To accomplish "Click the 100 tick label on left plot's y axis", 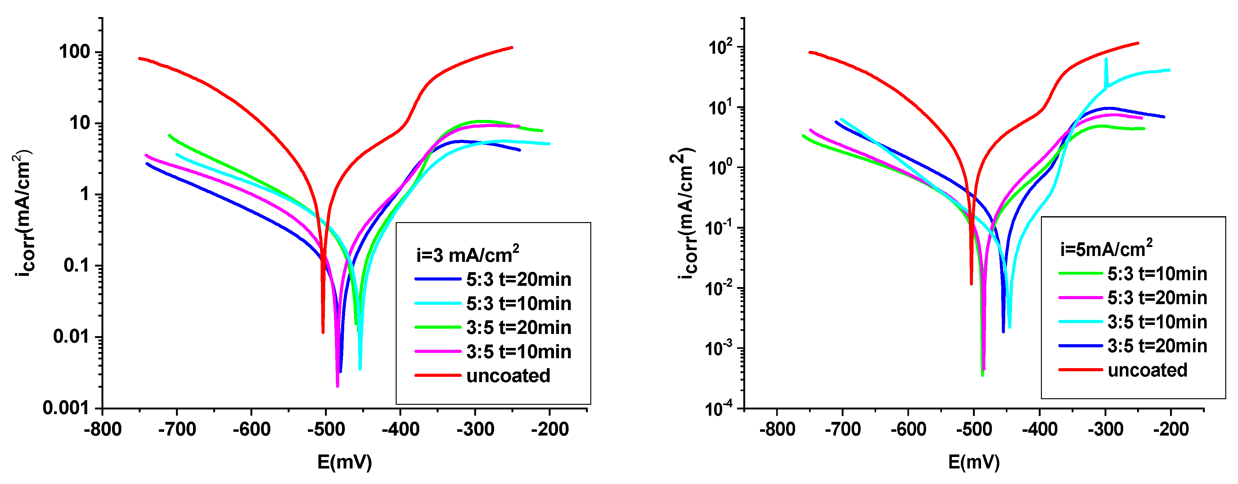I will pyautogui.click(x=74, y=52).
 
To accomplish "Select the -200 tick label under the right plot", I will pyautogui.click(x=1171, y=429).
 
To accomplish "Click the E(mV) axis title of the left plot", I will pyautogui.click(x=344, y=462).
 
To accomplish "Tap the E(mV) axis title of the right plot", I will pyautogui.click(x=974, y=462).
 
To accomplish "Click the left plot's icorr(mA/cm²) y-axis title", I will pyautogui.click(x=23, y=214).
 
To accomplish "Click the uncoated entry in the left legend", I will pyautogui.click(x=508, y=376).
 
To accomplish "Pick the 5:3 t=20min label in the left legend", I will pyautogui.click(x=518, y=280).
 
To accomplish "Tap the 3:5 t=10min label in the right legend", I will pyautogui.click(x=1157, y=322).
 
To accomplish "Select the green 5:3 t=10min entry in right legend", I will pyautogui.click(x=1157, y=274).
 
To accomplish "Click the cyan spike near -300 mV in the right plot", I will pyautogui.click(x=1106, y=60).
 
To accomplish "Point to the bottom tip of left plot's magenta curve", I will pyautogui.click(x=337, y=386).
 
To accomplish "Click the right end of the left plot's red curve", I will pyautogui.click(x=512, y=48).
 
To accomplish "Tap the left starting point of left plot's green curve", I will pyautogui.click(x=169, y=135).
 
